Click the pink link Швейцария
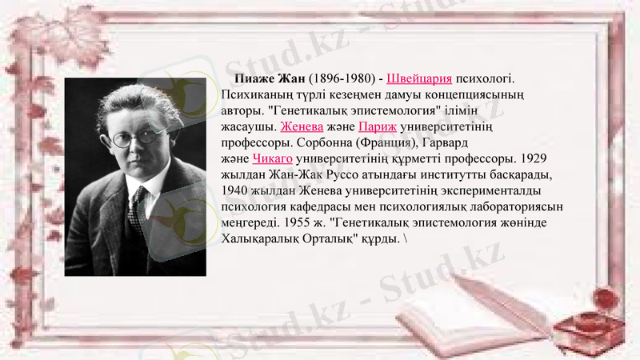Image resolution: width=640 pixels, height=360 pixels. click(419, 79)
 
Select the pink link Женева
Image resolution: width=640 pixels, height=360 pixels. click(302, 126)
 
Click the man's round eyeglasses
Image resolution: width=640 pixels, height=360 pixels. click(134, 138)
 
